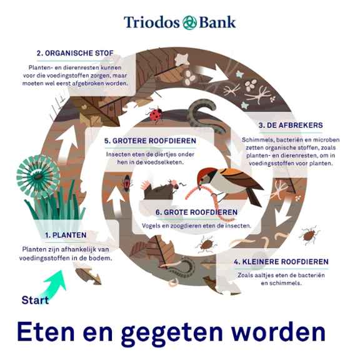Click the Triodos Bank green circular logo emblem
[189, 22]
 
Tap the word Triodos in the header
[152, 22]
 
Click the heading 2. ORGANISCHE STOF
[75, 53]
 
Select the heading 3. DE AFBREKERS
[291, 126]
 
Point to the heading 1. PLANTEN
[66, 235]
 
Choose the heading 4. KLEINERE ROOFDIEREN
[281, 261]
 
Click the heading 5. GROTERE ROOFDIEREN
[150, 141]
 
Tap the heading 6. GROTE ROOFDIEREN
[196, 212]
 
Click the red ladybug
[156, 114]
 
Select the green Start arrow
[54, 284]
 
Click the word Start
[35, 300]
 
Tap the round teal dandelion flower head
[38, 177]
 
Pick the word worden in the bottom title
[278, 332]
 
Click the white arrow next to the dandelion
[67, 142]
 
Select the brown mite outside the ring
[309, 235]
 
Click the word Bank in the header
[217, 22]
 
